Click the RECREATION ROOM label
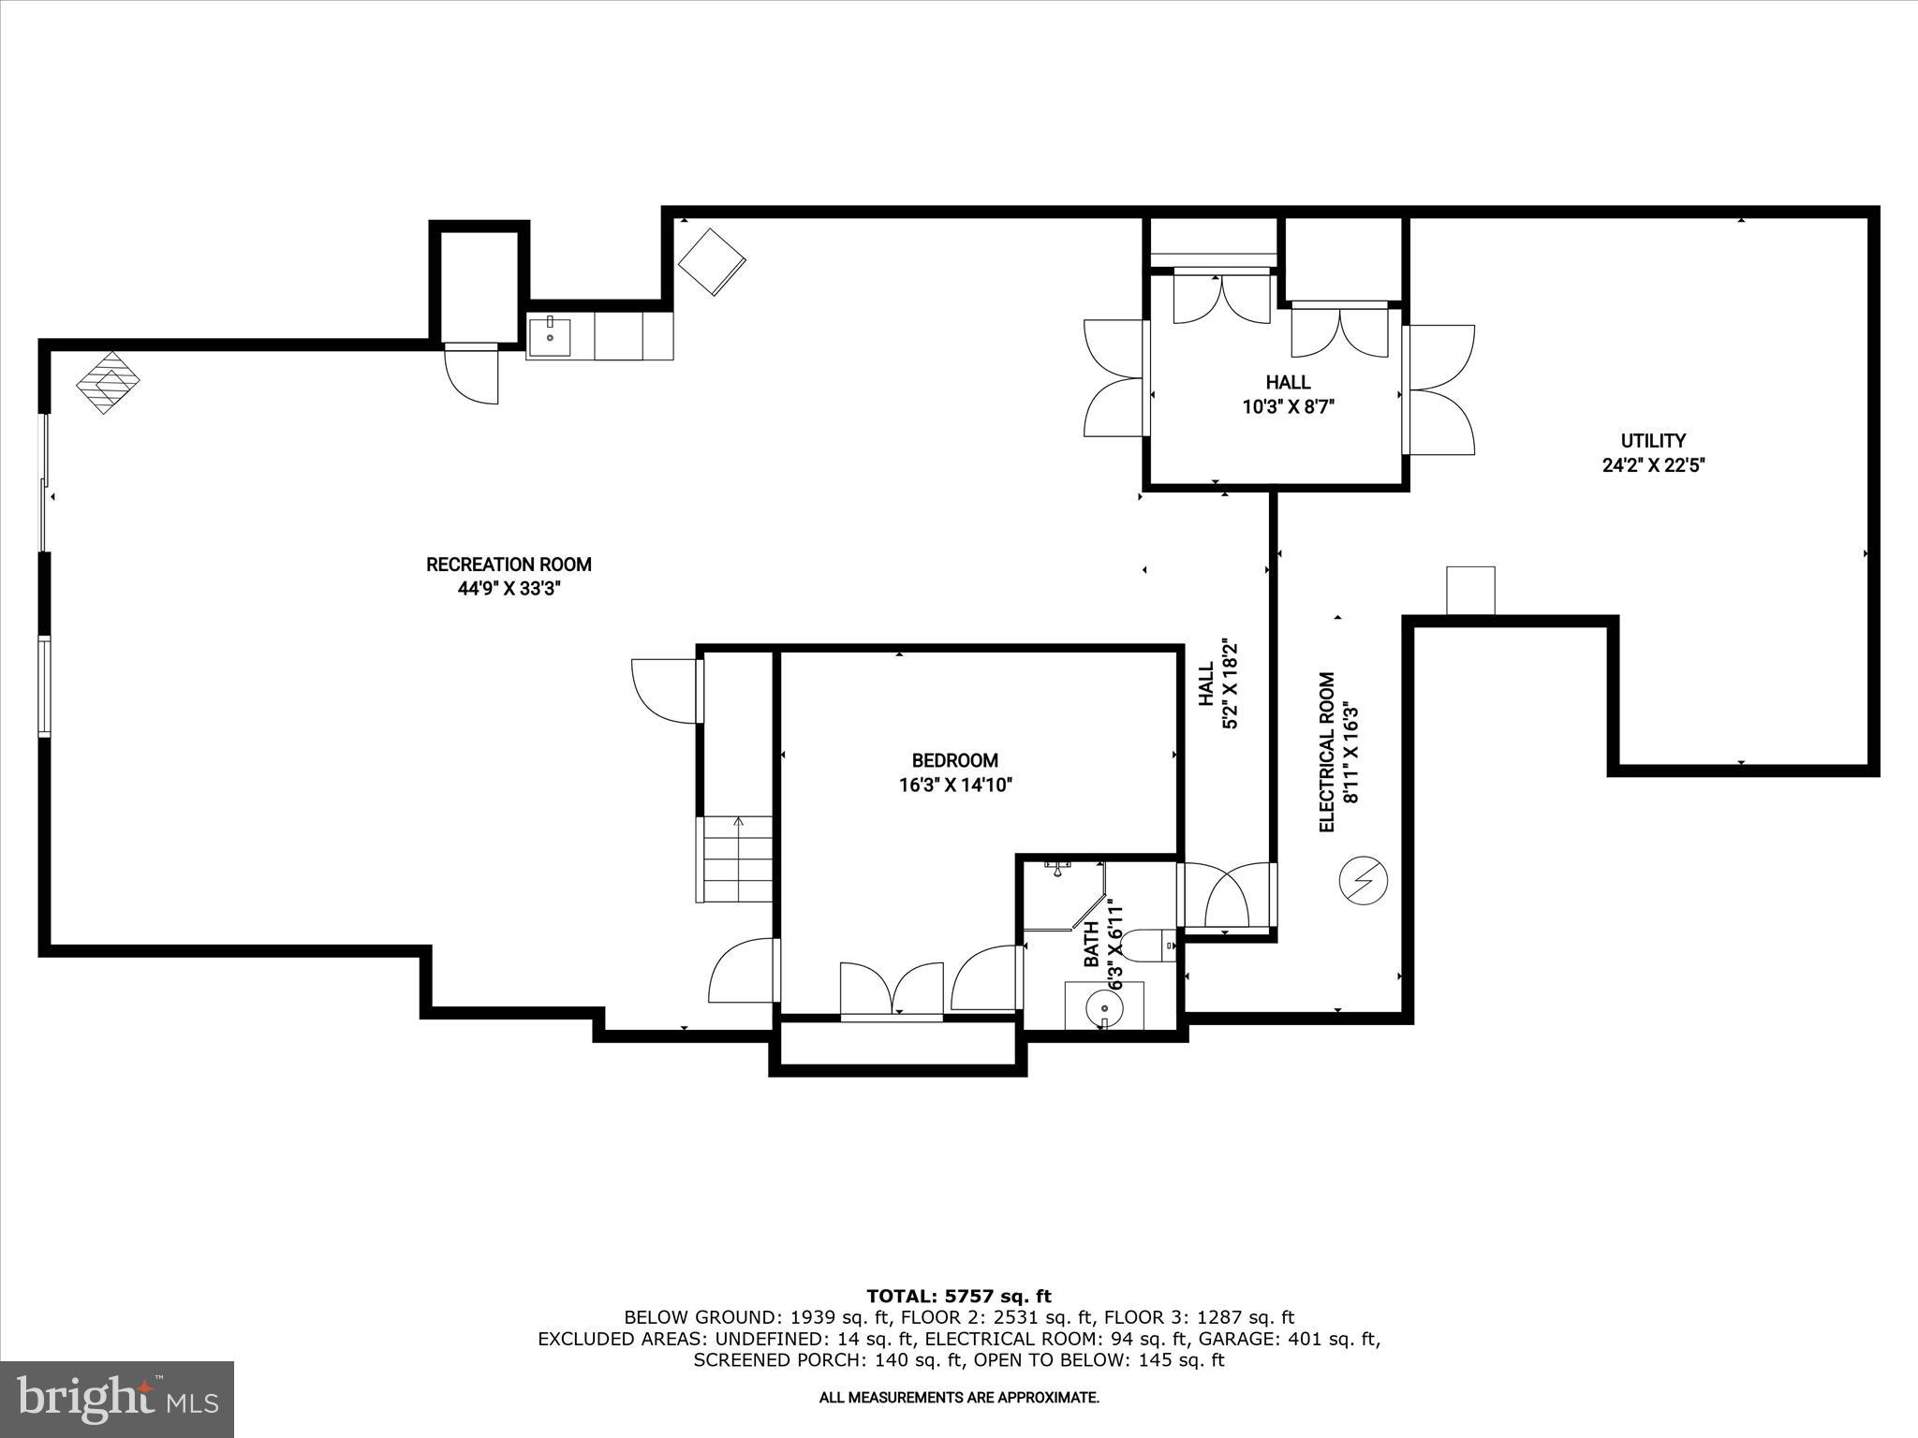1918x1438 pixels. [509, 565]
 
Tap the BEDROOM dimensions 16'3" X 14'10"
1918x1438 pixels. [955, 785]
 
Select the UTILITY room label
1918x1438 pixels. [1653, 440]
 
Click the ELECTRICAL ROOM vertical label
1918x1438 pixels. [1327, 752]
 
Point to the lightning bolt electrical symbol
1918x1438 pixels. [1363, 880]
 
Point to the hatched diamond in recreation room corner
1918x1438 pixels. [108, 382]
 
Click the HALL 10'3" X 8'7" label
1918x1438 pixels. [1288, 394]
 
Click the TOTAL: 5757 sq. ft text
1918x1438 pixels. [958, 1296]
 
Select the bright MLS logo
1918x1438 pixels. [117, 1399]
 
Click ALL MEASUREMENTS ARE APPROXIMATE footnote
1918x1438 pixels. [958, 1398]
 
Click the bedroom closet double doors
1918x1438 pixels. [892, 989]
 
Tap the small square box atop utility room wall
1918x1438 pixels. [1469, 591]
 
